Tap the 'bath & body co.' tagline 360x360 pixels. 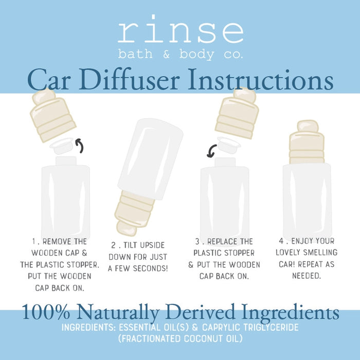click(x=180, y=54)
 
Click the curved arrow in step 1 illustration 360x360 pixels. click(x=80, y=146)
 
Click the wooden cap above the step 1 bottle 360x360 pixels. click(x=53, y=116)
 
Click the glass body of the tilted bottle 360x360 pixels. click(x=150, y=159)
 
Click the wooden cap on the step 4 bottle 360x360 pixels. click(x=307, y=140)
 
